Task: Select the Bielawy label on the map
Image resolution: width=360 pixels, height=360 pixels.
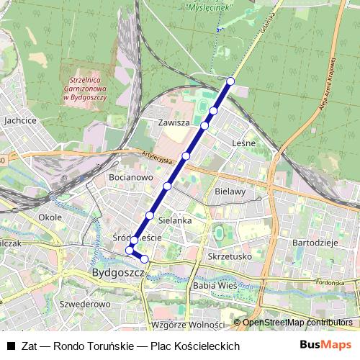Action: [230, 192]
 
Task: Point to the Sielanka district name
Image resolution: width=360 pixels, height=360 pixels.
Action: [174, 220]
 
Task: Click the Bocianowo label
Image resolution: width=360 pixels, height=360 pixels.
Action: [128, 176]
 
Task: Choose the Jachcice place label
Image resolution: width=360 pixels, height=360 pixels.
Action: [20, 121]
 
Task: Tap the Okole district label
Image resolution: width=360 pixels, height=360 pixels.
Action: [50, 216]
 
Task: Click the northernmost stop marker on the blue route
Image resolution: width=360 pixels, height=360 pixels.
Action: [230, 81]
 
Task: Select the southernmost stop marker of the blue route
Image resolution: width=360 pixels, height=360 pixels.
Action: [144, 258]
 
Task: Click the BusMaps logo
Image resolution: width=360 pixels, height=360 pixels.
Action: [325, 345]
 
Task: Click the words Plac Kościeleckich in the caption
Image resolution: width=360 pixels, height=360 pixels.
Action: [194, 346]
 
